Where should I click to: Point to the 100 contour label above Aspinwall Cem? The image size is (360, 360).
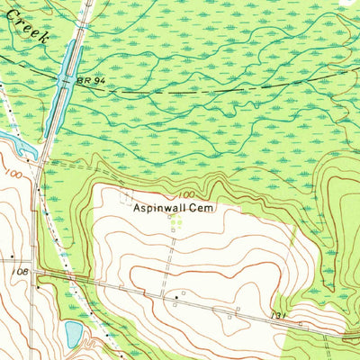pyautogui.click(x=186, y=194)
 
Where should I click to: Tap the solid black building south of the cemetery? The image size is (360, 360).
pyautogui.click(x=175, y=295)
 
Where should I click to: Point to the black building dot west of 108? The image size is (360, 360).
pyautogui.click(x=11, y=256)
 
